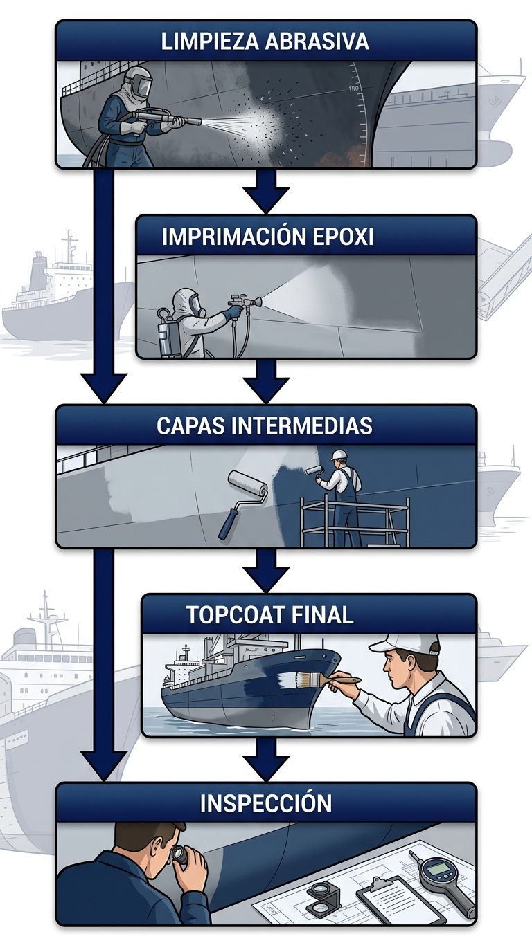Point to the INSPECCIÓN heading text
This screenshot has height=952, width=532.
click(266, 803)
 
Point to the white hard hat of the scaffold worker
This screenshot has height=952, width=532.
click(339, 455)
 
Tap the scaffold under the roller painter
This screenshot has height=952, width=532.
click(353, 522)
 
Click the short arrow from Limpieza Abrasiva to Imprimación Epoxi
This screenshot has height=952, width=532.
click(266, 190)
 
